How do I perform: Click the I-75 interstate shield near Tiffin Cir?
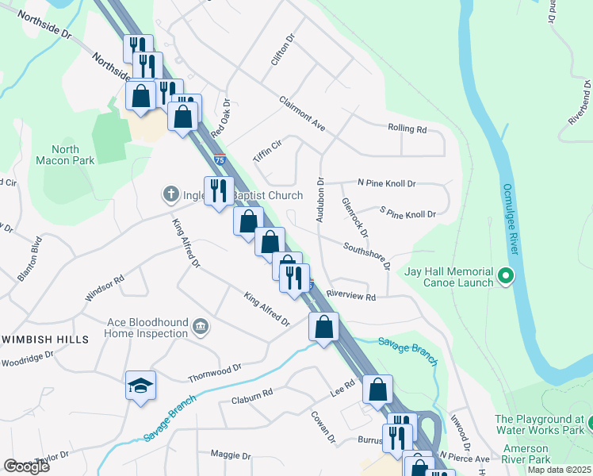click(x=220, y=159)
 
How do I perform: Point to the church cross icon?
click(x=170, y=194)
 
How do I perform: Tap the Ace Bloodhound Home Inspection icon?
click(x=201, y=326)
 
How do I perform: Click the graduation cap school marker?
click(x=140, y=386)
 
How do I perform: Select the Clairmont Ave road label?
click(x=302, y=114)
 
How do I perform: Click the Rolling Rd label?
click(x=407, y=129)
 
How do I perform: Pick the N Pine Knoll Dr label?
click(x=387, y=183)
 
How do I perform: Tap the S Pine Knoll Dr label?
click(x=408, y=214)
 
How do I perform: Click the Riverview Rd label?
click(x=350, y=296)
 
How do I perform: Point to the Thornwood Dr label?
click(x=215, y=371)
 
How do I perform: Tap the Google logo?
click(x=26, y=466)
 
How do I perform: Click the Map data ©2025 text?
click(x=558, y=470)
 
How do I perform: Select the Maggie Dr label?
click(x=231, y=456)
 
